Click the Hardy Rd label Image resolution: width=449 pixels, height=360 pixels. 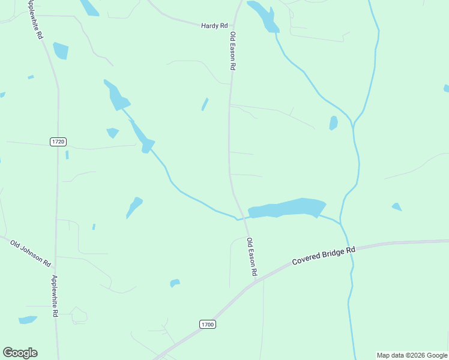(x=215, y=26)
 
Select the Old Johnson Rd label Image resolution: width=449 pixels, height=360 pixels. (x=31, y=252)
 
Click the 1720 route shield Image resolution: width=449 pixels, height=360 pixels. (x=58, y=142)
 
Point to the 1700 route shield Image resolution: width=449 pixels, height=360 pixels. (x=207, y=324)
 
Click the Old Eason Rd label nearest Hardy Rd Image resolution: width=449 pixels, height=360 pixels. (x=232, y=51)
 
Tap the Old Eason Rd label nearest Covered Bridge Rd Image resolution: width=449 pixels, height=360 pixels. (x=252, y=257)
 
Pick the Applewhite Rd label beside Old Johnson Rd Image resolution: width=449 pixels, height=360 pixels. (x=54, y=295)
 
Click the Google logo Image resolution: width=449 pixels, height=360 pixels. (x=20, y=353)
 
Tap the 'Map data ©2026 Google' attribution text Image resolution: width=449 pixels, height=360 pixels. (x=412, y=355)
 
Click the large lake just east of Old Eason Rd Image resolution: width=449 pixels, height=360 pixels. (x=287, y=208)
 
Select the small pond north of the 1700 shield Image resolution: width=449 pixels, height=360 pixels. (x=175, y=283)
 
